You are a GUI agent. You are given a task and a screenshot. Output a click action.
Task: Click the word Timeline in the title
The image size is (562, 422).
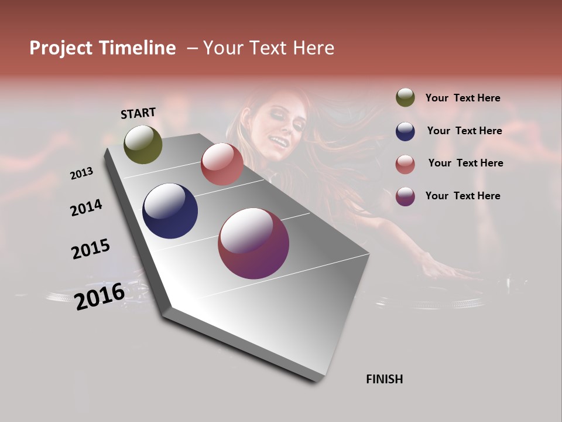138,48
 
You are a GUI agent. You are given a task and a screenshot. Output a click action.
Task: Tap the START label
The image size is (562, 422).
138,113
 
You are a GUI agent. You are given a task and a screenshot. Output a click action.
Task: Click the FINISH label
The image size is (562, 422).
385,379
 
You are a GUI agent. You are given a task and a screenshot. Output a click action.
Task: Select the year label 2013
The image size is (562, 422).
81,173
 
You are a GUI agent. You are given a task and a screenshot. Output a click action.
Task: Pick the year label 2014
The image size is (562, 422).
86,207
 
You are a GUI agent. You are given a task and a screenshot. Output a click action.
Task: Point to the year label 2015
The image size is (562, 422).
91,249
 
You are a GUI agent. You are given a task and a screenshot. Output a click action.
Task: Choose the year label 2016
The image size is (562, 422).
100,296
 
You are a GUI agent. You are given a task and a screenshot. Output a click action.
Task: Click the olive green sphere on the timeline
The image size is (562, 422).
143,145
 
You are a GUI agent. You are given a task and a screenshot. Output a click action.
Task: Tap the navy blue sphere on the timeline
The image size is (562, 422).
170,211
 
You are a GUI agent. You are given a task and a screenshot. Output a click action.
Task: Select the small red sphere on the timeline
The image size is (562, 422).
222,164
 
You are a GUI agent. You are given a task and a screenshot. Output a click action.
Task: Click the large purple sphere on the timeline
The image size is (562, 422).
253,243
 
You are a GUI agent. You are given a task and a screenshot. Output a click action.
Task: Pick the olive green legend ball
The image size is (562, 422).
405,98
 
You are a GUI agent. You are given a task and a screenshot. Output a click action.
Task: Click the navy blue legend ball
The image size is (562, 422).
405,131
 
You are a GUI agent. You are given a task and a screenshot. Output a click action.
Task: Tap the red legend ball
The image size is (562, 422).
405,164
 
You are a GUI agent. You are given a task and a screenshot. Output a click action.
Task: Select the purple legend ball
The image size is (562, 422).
405,196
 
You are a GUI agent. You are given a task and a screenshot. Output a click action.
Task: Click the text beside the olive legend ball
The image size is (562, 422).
463,98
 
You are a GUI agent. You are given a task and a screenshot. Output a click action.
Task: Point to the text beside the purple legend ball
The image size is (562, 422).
463,196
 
